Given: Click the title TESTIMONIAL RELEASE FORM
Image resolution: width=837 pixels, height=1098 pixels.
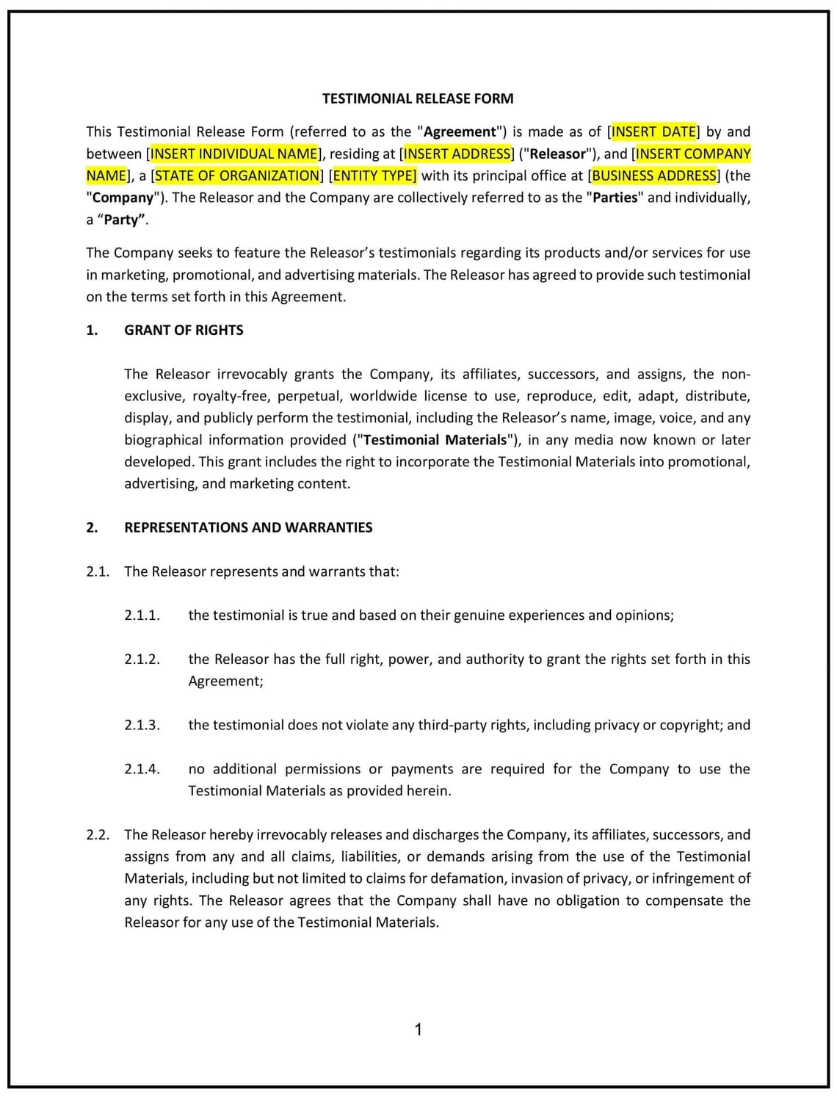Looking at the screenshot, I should point(418,98).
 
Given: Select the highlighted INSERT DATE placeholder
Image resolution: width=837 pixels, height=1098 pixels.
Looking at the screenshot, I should point(653,131).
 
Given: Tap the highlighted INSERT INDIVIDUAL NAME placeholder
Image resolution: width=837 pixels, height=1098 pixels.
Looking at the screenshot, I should point(234,153).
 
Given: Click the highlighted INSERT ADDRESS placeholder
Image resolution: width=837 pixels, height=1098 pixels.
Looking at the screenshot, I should point(457,153).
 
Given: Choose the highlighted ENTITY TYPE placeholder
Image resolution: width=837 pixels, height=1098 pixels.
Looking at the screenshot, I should point(374,176).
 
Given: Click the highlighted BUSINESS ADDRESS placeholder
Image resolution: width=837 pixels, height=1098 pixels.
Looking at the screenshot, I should point(653,176).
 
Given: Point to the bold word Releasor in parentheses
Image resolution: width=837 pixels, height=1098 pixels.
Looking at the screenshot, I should point(558,153).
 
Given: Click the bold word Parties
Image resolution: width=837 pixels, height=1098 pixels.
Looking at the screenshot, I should point(615,198).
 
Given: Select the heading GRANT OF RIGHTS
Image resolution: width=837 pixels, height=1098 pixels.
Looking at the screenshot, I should point(184,330).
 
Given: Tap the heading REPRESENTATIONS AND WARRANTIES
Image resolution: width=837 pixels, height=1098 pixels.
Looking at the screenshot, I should point(248,527).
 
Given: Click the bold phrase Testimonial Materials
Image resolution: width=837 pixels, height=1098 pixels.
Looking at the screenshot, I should point(435,440).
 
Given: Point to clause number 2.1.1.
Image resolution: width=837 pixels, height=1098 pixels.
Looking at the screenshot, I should point(142,615).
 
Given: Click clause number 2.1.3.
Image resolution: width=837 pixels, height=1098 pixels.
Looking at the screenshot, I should point(142,725).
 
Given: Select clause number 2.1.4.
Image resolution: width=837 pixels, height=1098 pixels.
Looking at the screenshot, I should point(142,769).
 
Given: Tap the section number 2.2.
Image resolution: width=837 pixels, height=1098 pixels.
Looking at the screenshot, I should point(98,834).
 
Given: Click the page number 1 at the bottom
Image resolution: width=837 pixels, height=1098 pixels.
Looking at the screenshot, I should point(418,1030).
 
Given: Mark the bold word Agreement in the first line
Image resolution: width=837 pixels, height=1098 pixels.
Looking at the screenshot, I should point(460,131).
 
